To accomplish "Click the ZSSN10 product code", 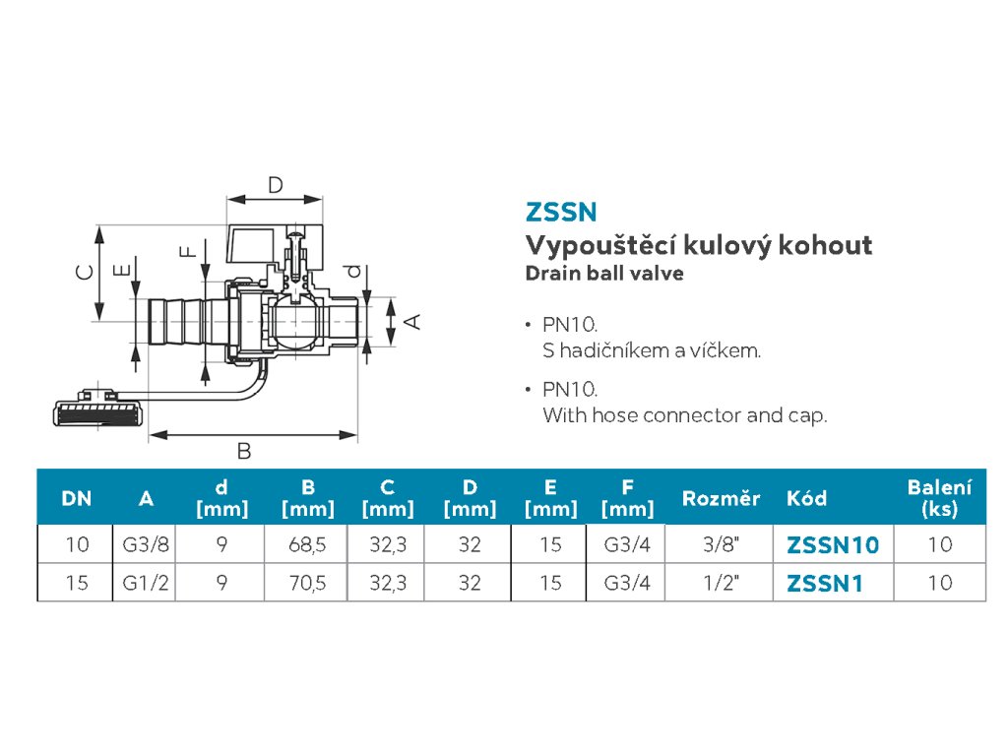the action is point(833,544).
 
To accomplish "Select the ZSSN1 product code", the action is point(825,584).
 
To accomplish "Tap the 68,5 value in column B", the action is point(307,544).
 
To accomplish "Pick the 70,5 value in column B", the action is point(307,584).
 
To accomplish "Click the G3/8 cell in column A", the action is point(146,544).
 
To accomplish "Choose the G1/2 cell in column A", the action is point(146,584).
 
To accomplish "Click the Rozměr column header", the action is point(721,498).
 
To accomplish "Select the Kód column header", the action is point(806,498).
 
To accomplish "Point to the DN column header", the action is point(76,498).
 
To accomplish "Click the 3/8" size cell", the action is point(721,544).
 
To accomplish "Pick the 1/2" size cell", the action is point(721,584).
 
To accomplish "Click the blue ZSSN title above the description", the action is point(561,212).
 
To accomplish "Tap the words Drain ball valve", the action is point(604,274).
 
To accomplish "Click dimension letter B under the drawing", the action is point(244,452).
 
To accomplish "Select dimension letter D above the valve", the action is point(276,184).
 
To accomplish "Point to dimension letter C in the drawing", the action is point(86,271).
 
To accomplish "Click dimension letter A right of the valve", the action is point(414,321).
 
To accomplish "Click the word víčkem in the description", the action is point(725,350).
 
